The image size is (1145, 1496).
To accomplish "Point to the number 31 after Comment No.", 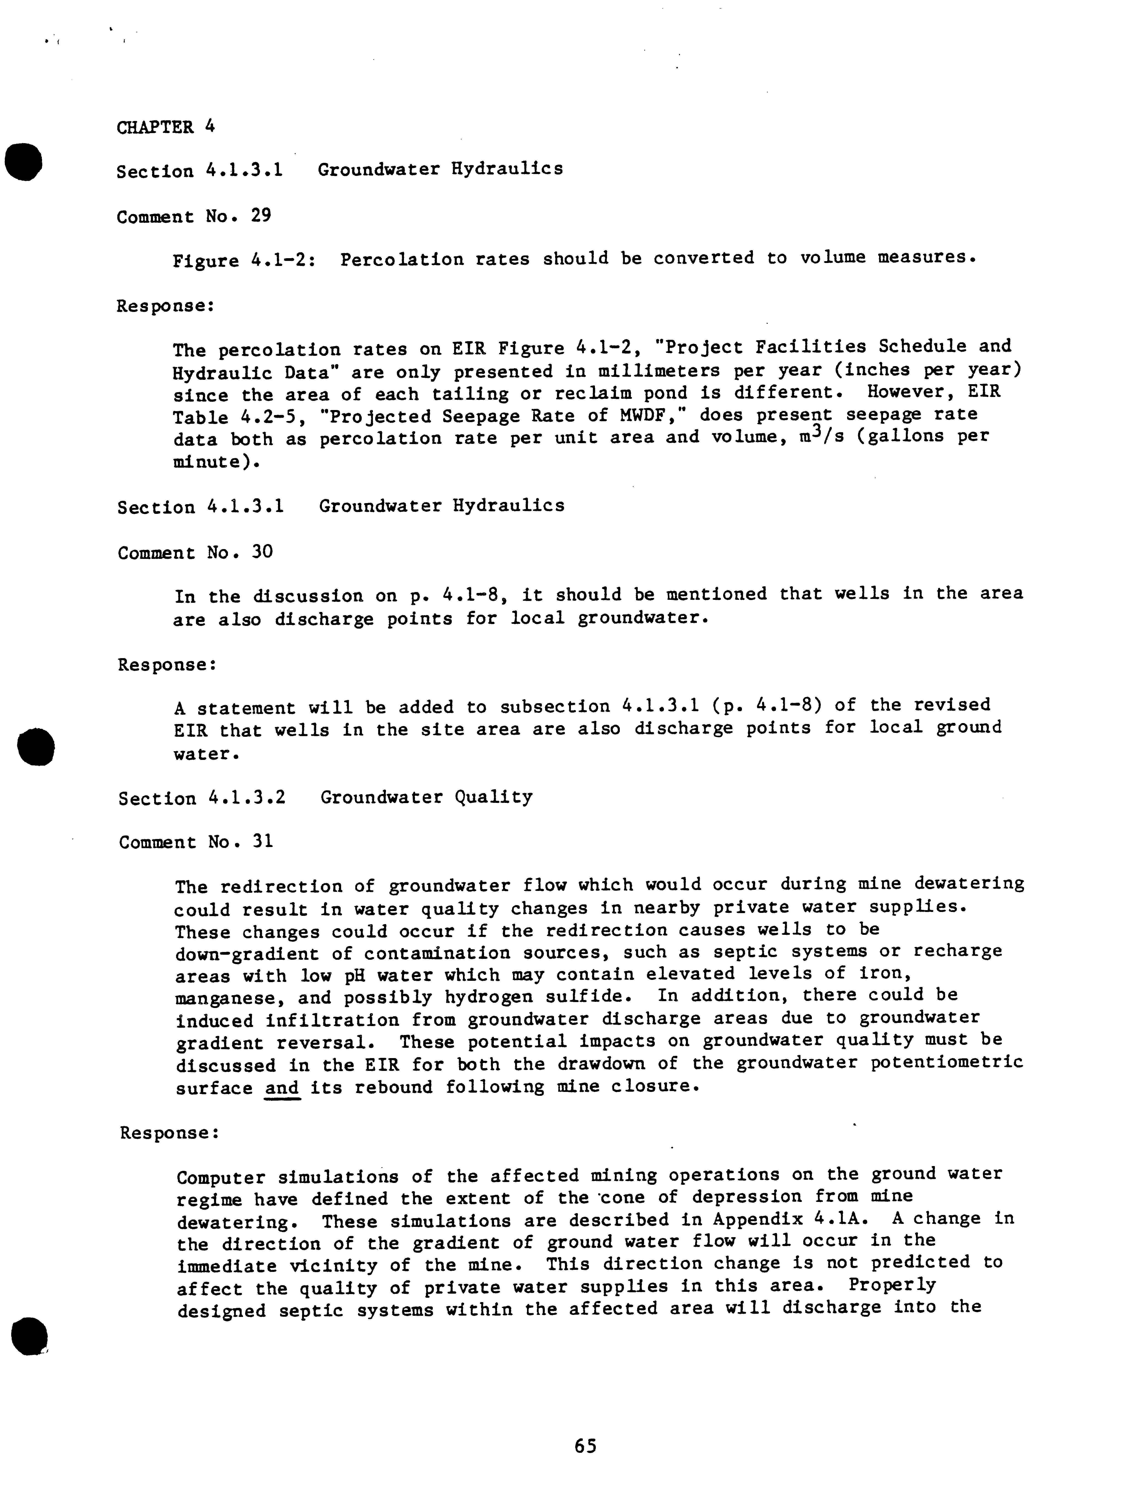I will [262, 842].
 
